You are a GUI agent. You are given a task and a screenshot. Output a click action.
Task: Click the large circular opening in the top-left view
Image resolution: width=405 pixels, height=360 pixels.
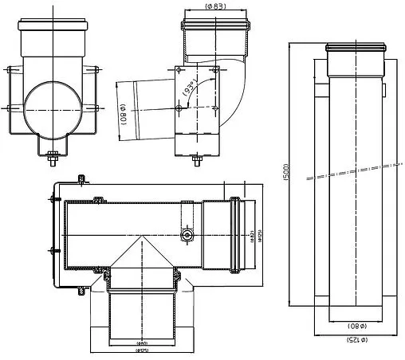pos(52,109)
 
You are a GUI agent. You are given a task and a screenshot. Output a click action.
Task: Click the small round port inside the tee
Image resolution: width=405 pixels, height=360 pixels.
pos(186,237)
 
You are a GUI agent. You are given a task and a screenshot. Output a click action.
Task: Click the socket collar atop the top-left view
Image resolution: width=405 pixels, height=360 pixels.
pos(53,33)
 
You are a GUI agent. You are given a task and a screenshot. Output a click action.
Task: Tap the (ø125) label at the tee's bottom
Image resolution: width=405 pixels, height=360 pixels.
pos(141,350)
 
